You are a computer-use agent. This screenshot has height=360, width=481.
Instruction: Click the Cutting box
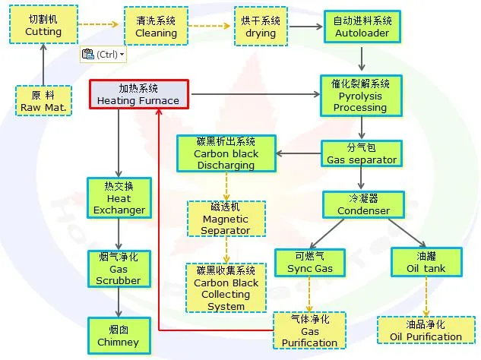(43, 26)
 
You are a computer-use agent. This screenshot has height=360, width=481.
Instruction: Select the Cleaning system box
(156, 27)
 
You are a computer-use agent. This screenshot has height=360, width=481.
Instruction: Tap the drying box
(261, 27)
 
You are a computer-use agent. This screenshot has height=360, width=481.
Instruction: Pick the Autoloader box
(362, 27)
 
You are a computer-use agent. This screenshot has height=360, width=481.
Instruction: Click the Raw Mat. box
(44, 101)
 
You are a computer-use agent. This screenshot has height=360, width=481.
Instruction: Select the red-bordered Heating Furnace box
(138, 94)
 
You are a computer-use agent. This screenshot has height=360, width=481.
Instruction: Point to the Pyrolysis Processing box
(360, 95)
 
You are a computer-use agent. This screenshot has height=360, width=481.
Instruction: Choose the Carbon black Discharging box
(226, 153)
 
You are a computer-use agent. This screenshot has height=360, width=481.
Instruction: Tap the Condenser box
(363, 204)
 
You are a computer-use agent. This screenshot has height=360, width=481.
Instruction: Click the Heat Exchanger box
(119, 197)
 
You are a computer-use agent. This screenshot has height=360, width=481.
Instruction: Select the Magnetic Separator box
(225, 218)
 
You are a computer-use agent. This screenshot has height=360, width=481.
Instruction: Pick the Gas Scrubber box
(119, 269)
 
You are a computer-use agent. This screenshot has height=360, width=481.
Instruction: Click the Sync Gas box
(310, 263)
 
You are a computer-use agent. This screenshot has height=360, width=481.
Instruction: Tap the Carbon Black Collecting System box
(226, 288)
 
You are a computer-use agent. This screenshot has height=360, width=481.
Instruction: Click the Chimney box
(119, 335)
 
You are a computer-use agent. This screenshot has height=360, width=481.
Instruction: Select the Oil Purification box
(426, 330)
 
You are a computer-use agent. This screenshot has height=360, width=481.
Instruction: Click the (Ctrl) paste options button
(103, 55)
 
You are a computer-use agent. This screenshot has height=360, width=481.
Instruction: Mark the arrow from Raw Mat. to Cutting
(43, 65)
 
